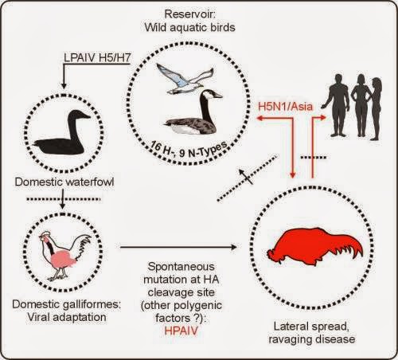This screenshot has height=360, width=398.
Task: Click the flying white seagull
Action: click(x=183, y=80)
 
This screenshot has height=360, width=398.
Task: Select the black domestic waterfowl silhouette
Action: click(x=63, y=133)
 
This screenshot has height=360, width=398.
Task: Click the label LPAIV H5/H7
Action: click(x=97, y=57)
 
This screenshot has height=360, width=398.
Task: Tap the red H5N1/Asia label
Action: click(x=286, y=107)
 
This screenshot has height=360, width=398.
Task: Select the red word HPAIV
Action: click(x=181, y=331)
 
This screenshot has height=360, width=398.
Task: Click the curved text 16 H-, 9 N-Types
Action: click(x=189, y=150)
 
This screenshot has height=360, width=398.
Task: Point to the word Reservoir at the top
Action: click(x=189, y=14)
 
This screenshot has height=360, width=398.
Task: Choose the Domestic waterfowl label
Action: click(x=64, y=182)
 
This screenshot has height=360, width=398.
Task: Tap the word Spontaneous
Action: click(x=181, y=267)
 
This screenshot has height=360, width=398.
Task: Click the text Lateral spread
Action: click(x=311, y=327)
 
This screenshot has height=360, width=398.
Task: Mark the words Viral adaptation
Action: click(x=67, y=317)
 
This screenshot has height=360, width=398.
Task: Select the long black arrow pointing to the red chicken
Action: click(x=178, y=247)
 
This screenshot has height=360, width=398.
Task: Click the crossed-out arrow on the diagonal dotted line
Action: click(x=246, y=177)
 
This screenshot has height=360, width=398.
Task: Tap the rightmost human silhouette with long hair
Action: click(x=376, y=108)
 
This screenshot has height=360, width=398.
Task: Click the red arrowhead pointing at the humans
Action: click(x=322, y=117)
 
